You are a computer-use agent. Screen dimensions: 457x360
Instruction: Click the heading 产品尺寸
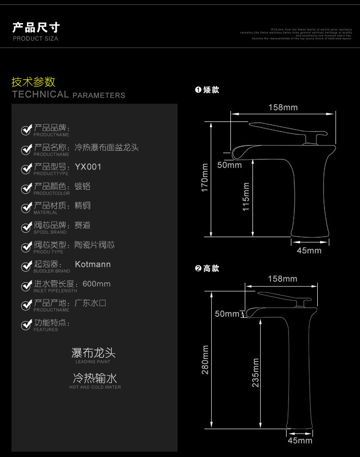point(36,27)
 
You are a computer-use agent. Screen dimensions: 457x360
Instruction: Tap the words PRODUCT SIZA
point(35,38)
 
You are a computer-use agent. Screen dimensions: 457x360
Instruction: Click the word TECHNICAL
point(41,95)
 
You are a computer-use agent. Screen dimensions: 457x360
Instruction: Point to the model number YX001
point(88,167)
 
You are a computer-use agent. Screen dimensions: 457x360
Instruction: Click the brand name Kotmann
point(93,264)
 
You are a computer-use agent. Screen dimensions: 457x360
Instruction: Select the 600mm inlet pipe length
point(96,284)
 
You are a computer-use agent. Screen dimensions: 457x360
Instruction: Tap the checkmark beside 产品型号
point(26,169)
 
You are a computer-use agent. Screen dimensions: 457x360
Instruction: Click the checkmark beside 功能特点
point(26,325)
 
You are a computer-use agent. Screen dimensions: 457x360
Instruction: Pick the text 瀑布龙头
point(93,353)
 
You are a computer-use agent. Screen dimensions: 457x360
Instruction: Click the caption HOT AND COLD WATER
point(95,387)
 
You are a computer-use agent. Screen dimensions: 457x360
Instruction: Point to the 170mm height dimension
point(205,179)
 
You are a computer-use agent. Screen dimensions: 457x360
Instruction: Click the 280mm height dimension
point(205,360)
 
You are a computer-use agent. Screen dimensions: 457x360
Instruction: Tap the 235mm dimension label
point(255,373)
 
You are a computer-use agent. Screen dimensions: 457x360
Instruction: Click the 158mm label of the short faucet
point(283,108)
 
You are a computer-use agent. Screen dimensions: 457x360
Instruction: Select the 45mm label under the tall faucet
point(300,440)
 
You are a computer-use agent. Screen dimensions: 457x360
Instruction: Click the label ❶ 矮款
point(207,90)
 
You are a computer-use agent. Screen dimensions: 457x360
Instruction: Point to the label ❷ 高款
point(207,268)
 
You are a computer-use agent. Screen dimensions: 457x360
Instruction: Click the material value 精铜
point(83,206)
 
